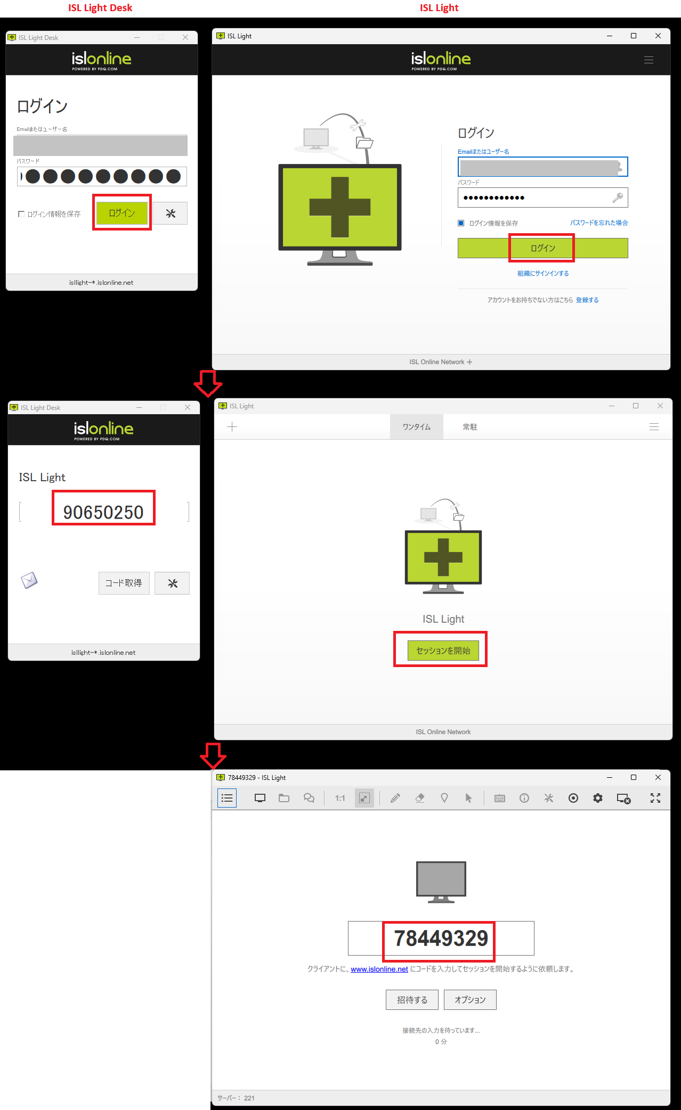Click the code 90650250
(103, 512)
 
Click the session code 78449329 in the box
(441, 938)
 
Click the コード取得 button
(124, 583)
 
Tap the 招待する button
(412, 1000)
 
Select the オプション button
(470, 1000)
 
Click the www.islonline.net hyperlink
(379, 969)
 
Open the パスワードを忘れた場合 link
(599, 223)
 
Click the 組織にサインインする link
(543, 273)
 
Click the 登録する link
(587, 300)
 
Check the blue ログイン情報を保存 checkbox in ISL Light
(461, 223)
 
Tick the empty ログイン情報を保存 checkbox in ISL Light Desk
(21, 214)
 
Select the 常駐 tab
(470, 427)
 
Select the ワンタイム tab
(417, 427)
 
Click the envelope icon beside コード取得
(29, 580)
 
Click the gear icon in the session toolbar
(598, 798)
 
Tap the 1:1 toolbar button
(340, 798)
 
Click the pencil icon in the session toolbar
(395, 798)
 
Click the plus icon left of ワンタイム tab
(232, 426)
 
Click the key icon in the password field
(618, 198)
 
